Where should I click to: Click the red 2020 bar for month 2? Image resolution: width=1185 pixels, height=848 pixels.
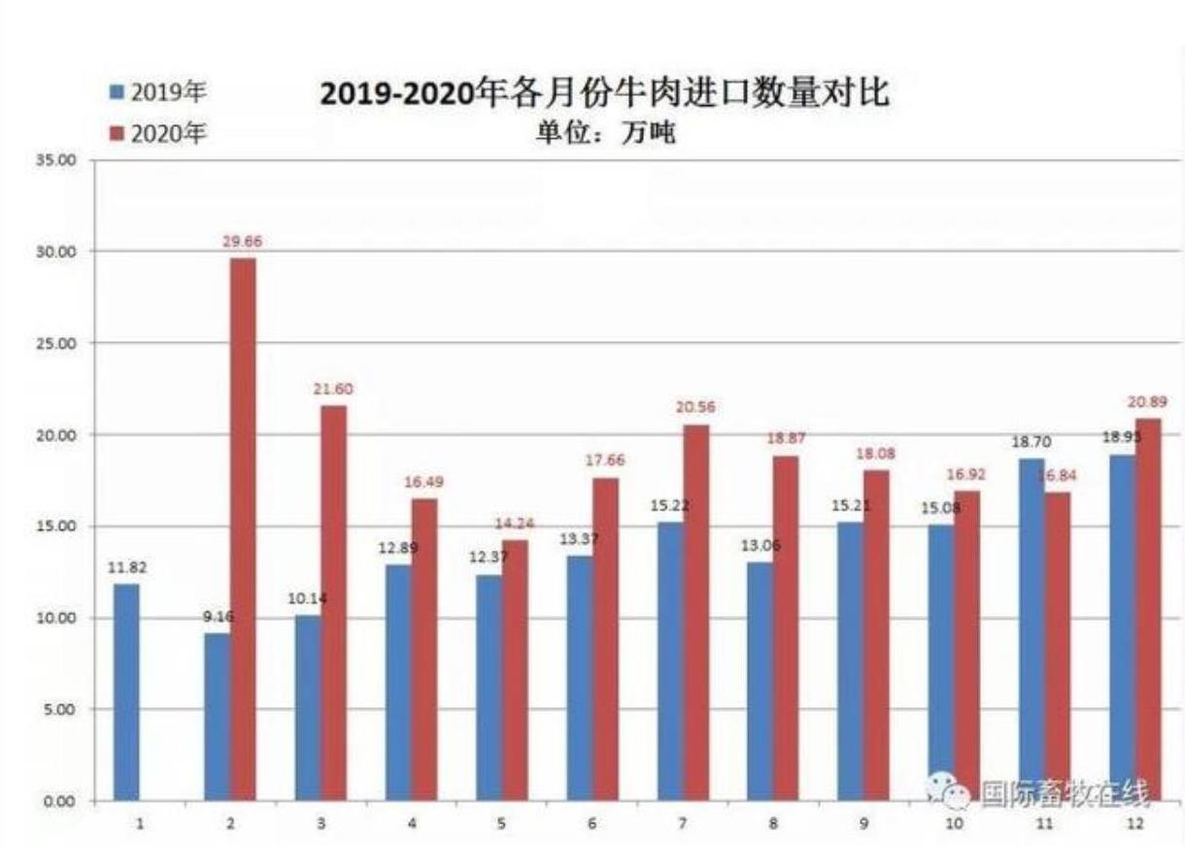click(244, 529)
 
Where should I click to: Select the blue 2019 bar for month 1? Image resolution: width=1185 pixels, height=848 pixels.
click(126, 692)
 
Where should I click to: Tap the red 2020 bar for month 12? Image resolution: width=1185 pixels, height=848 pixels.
click(1148, 610)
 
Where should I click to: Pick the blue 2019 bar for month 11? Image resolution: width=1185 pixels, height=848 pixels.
click(1032, 629)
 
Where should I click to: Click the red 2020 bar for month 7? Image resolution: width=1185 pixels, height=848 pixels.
click(695, 612)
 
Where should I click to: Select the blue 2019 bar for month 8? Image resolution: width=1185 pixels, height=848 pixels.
click(761, 681)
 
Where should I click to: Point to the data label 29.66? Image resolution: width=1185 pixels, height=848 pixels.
click(243, 240)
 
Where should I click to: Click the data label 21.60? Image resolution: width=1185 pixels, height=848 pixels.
click(333, 389)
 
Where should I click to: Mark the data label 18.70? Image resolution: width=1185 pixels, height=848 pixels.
click(1033, 441)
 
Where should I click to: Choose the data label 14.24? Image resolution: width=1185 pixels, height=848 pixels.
click(515, 524)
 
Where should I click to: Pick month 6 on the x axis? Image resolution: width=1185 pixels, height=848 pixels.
click(592, 824)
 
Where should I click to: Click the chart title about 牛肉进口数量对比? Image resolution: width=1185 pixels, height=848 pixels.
click(604, 95)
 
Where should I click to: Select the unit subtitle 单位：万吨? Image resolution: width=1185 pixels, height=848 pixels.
click(605, 133)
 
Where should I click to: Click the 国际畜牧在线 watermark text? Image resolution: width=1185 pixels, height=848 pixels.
click(1064, 794)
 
